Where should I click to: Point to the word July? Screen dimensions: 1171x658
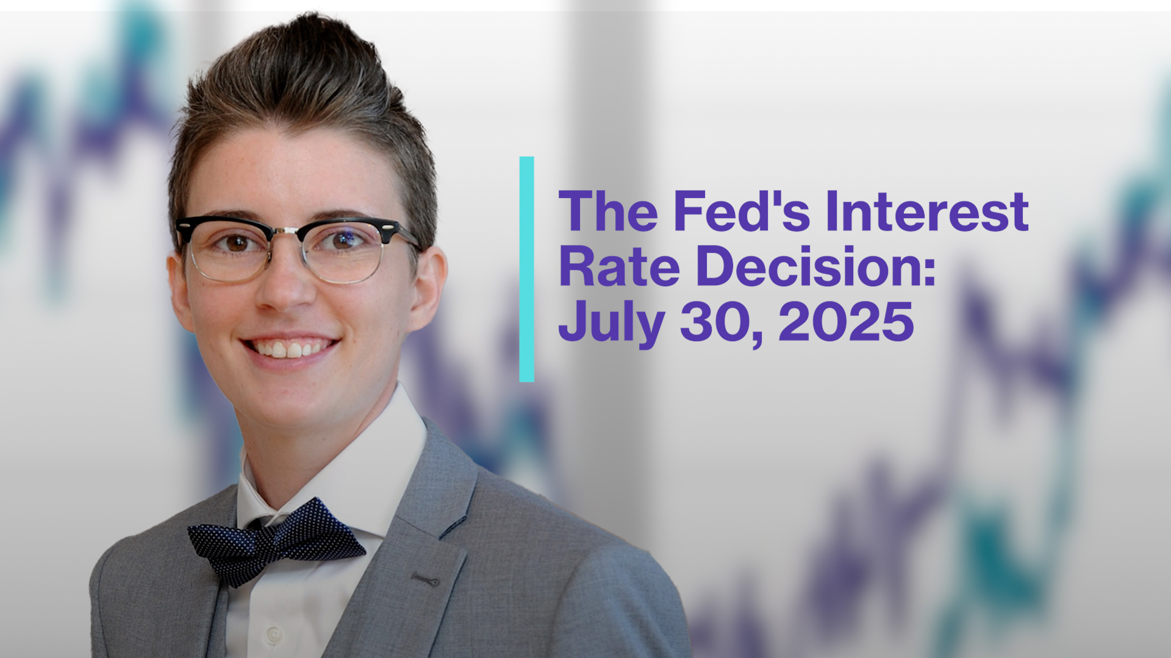click(612, 323)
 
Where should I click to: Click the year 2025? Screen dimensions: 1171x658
click(847, 321)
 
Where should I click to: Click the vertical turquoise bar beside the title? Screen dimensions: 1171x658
click(526, 269)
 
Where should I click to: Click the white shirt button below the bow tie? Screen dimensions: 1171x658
click(274, 634)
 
